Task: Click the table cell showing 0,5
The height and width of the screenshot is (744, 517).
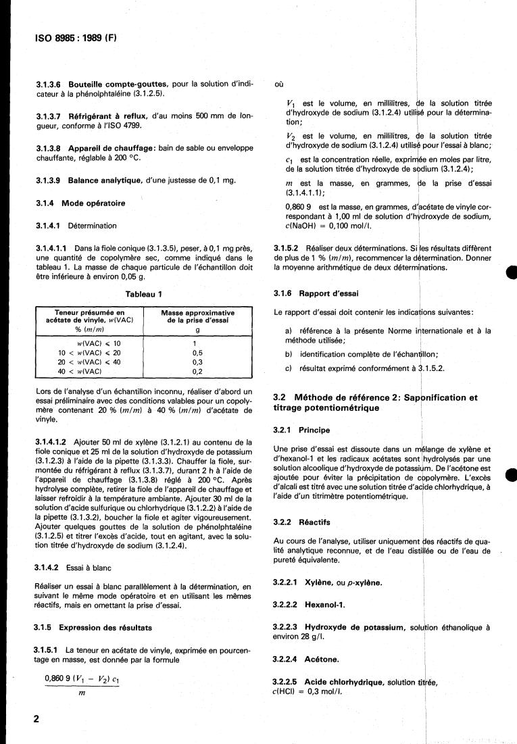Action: [198, 353]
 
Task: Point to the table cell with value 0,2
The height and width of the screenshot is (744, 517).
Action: [198, 371]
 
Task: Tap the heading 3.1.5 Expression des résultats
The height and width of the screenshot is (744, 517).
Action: [93, 628]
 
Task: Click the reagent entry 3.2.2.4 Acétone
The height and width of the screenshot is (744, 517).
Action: [312, 658]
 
